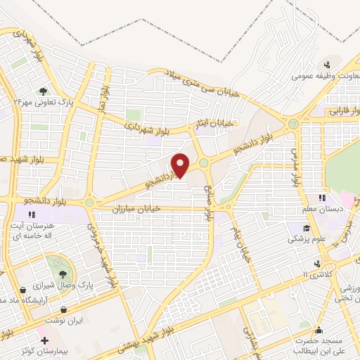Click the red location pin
[181, 165]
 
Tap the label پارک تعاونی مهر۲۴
[46, 103]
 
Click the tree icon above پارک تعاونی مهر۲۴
[43, 91]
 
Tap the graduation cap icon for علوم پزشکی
[307, 227]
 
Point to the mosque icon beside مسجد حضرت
[319, 330]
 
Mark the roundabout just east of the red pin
[203, 162]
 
